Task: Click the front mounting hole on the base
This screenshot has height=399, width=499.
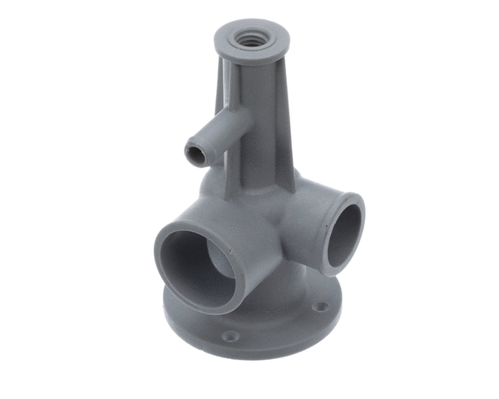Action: point(231,336)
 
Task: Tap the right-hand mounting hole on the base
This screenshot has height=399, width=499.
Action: point(319,307)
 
